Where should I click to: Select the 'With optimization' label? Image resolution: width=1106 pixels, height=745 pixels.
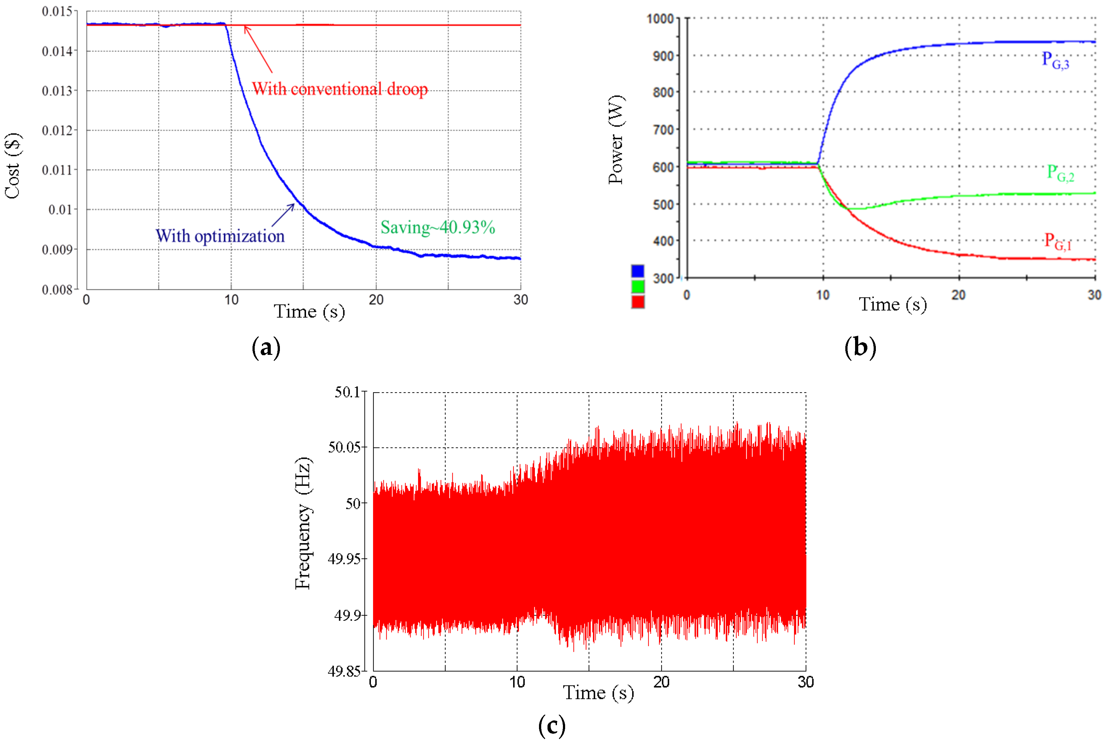point(220,236)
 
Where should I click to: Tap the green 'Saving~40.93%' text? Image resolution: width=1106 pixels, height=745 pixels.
point(438,228)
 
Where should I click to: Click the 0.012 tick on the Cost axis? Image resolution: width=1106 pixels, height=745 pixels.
point(58,130)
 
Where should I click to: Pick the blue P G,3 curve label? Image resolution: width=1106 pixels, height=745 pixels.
point(1055,60)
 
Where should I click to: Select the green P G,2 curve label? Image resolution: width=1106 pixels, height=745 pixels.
point(1060,173)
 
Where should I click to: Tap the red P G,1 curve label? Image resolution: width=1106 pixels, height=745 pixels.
point(1057,242)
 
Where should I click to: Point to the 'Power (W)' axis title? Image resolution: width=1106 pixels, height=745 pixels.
point(616,139)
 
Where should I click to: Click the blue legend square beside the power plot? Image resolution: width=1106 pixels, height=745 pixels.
point(638,271)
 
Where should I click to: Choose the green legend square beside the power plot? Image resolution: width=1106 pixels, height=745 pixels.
point(638,286)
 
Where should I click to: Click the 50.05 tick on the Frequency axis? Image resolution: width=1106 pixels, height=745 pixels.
point(344,447)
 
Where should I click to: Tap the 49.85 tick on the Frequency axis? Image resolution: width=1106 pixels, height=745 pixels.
point(344,671)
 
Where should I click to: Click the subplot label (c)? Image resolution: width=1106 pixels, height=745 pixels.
point(552,725)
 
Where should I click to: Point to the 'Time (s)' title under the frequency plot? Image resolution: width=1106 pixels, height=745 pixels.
point(598,693)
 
